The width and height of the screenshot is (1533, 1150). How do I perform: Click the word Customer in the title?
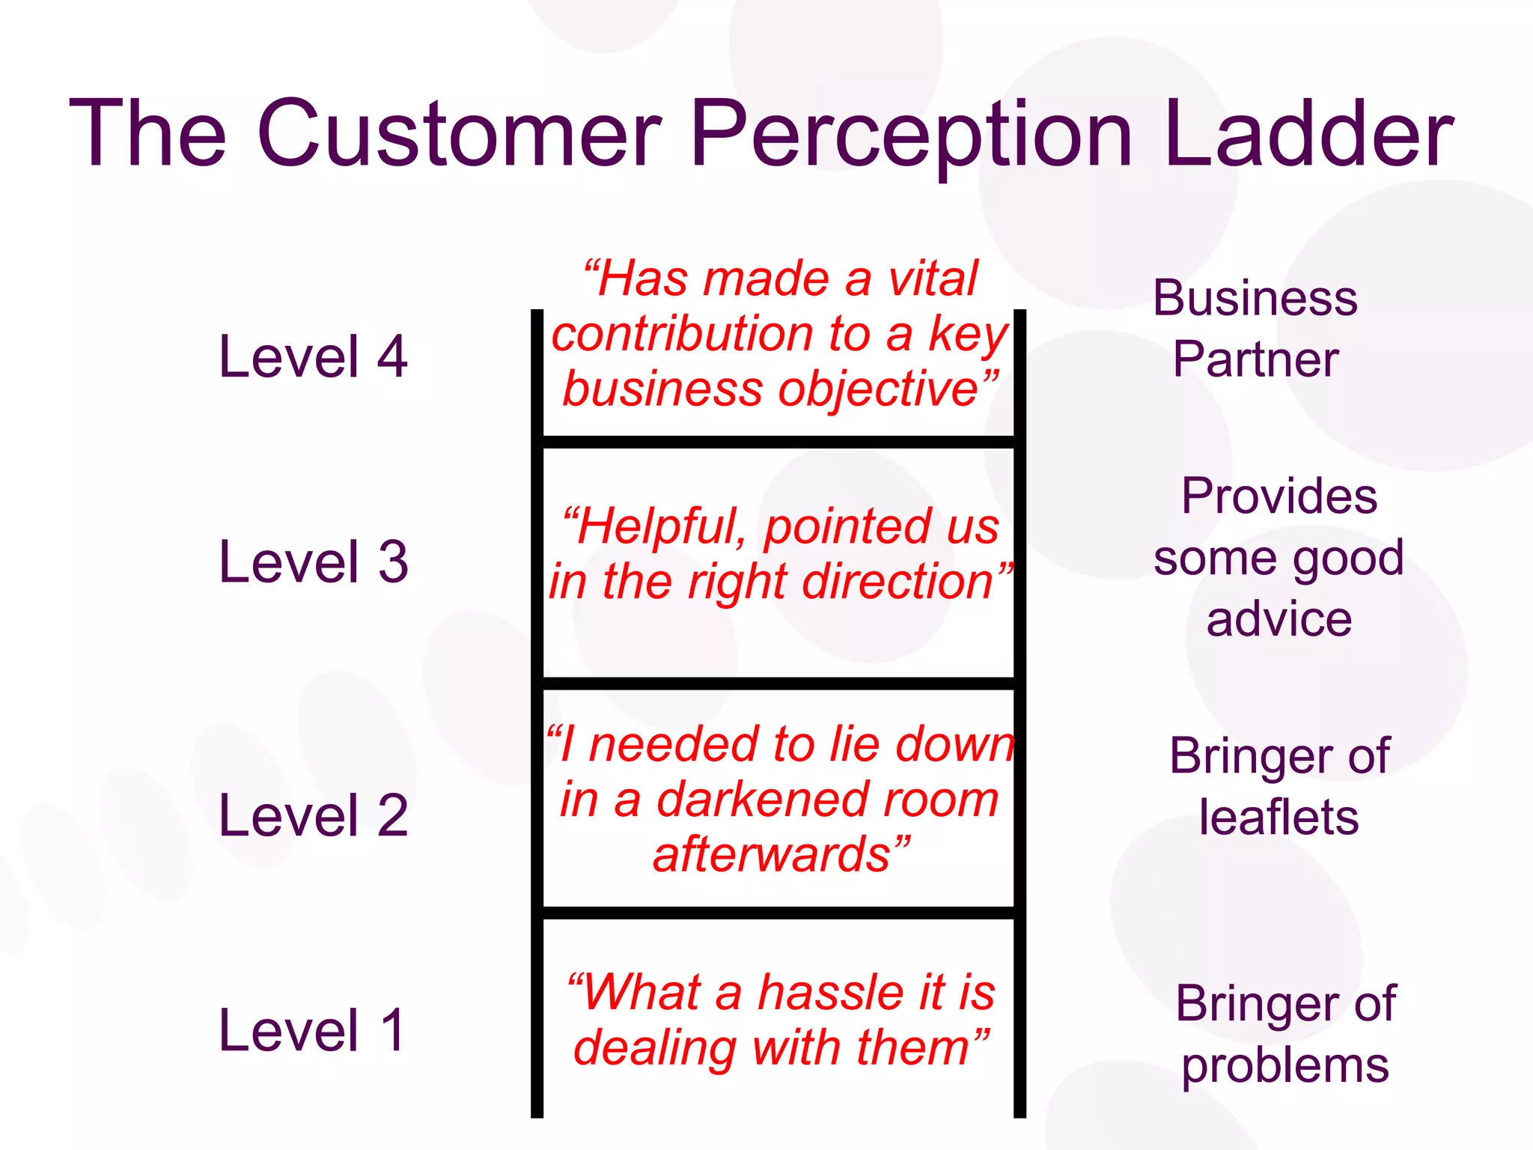point(460,135)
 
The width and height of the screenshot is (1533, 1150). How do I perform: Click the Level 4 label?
point(313,357)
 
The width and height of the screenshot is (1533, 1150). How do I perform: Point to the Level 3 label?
point(313,562)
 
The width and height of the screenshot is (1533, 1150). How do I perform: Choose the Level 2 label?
point(313,815)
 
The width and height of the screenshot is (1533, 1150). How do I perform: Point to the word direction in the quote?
point(898,582)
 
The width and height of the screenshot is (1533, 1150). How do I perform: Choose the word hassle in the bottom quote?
point(841,994)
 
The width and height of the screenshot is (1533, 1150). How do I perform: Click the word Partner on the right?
point(1255,360)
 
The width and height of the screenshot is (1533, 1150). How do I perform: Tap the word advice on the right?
point(1279,620)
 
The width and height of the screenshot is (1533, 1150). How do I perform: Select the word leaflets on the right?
point(1278,818)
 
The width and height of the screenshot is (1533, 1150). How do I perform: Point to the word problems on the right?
point(1284,1065)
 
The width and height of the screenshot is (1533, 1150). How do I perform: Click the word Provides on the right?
point(1279,496)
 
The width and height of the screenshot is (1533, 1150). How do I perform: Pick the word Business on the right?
point(1255,299)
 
